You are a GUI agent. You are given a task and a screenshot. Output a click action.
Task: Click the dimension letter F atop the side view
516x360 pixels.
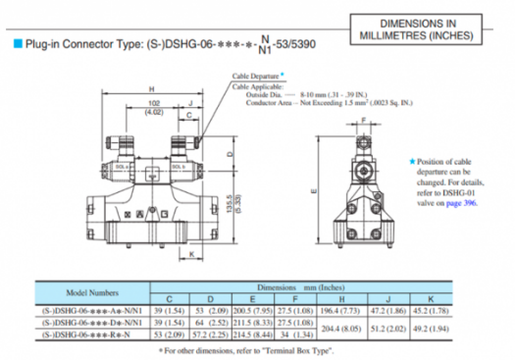(364, 119)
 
